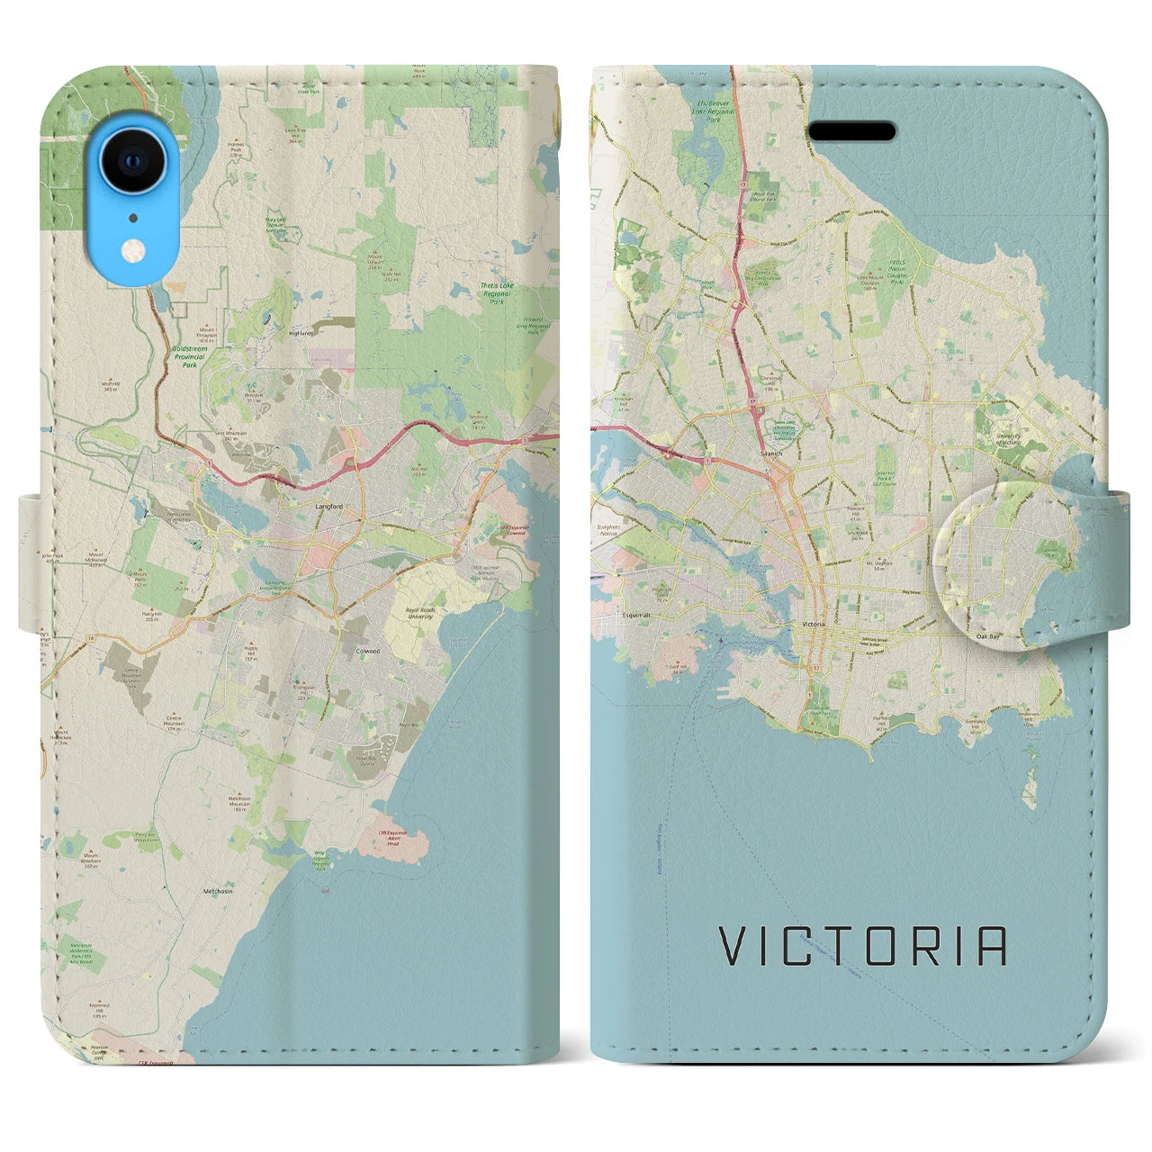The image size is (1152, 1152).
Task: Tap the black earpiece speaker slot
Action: click(x=850, y=131)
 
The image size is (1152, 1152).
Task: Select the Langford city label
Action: click(x=328, y=507)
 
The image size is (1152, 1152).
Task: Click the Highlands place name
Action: click(x=300, y=332)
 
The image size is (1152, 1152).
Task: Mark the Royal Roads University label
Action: click(x=419, y=614)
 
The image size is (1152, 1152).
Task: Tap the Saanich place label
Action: click(x=771, y=454)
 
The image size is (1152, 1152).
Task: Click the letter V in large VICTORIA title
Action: click(x=733, y=946)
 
